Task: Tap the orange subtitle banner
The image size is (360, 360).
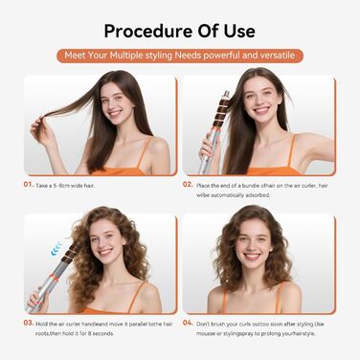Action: click(180, 56)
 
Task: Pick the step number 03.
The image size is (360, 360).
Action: click(30, 323)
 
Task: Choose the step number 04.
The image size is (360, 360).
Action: click(190, 323)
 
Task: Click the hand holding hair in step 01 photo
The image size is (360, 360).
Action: click(39, 127)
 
